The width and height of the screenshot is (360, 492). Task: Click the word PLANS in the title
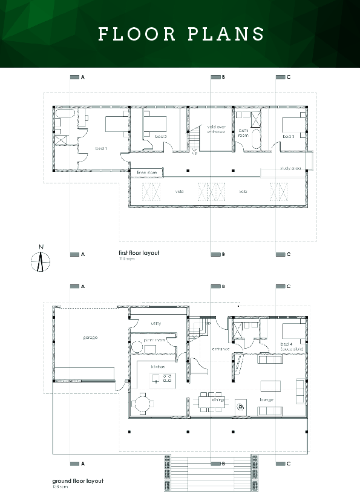click(226, 34)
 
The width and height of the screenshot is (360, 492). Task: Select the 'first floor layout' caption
click(139, 253)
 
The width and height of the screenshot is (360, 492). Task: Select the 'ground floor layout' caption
click(77, 481)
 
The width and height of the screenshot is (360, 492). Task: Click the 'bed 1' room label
click(101, 148)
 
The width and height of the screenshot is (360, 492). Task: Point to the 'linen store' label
click(146, 172)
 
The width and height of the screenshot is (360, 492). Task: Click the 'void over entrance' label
click(216, 128)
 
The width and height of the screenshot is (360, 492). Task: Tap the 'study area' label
click(290, 168)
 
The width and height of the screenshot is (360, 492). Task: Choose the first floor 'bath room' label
click(244, 133)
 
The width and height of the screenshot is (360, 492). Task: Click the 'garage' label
click(90, 337)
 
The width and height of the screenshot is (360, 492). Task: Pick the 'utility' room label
click(155, 323)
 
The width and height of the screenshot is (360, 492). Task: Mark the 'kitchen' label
click(159, 367)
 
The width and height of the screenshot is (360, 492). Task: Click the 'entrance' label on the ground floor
click(220, 349)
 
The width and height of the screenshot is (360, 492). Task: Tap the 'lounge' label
click(267, 399)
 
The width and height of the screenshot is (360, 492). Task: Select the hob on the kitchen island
click(162, 380)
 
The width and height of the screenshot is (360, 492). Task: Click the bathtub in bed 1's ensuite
click(64, 113)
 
